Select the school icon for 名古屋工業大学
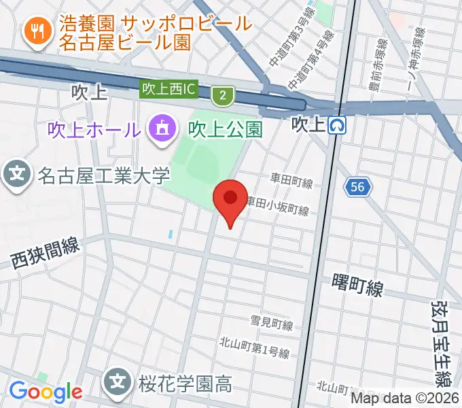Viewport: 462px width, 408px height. pos(17,176)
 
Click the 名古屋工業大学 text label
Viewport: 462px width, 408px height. pos(103,177)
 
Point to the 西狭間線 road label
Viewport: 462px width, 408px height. pos(45,252)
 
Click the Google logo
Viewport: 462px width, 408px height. pos(46,392)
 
